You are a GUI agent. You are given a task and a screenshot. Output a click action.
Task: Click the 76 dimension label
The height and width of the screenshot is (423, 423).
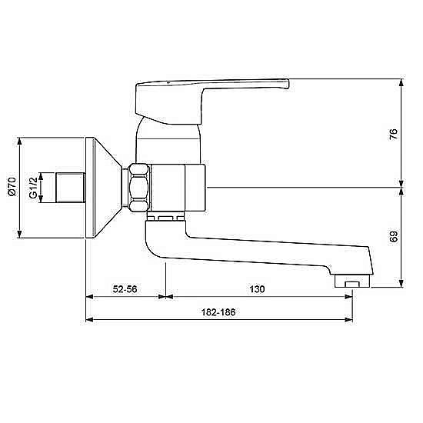(394, 134)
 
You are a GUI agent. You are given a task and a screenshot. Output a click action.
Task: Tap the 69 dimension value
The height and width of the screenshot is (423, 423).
(394, 236)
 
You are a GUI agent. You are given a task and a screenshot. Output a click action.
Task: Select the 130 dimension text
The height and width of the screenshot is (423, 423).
(257, 289)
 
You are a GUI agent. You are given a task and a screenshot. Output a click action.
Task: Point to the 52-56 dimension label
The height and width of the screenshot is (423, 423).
(125, 289)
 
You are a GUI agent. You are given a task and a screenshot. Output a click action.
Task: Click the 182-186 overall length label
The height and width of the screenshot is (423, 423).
(218, 312)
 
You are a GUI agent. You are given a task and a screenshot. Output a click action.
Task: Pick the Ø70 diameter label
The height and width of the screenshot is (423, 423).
(12, 187)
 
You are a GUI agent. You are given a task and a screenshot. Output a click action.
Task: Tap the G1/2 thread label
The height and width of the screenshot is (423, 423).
(33, 188)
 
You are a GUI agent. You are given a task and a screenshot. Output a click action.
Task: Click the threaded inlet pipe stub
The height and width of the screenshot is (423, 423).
(71, 188)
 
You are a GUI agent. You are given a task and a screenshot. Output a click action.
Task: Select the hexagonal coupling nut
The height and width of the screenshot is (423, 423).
(139, 188)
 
